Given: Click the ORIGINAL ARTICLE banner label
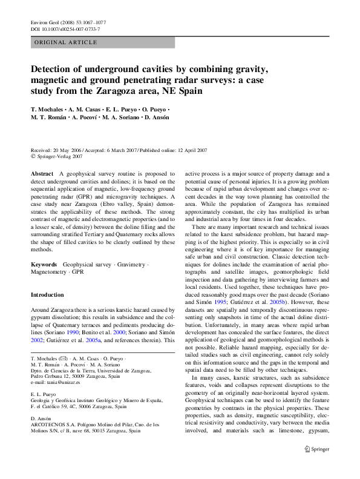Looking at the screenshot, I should coord(65,42).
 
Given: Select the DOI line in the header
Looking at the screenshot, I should coord(65,29).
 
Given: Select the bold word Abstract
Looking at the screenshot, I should coord(42,174).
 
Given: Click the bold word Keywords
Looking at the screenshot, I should coord(44,265).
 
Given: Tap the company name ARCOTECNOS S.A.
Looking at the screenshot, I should coord(53,424).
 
